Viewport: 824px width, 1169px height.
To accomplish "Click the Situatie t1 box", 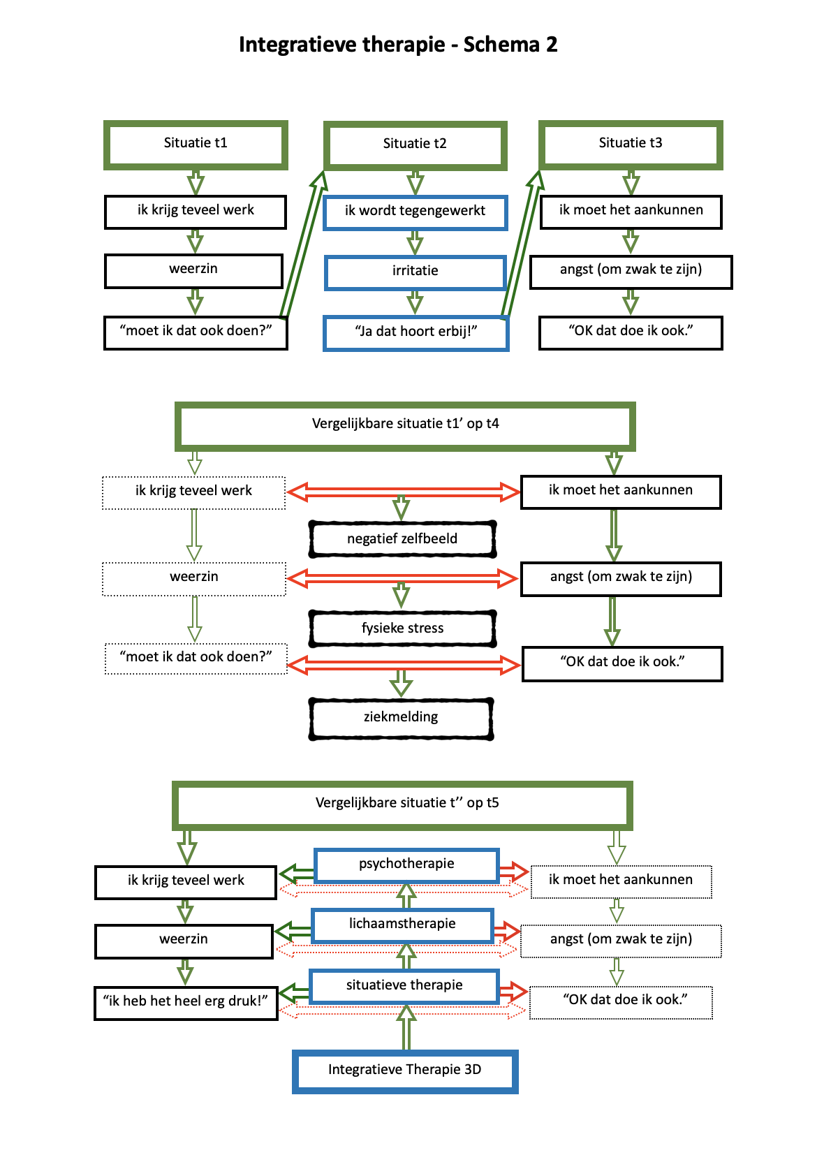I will [196, 145].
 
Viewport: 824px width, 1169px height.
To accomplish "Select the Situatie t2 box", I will [415, 145].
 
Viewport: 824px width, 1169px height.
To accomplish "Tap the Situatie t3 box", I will [630, 145].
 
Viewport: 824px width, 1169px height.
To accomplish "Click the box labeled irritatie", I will [415, 272].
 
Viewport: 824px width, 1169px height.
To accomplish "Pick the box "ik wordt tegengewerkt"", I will [415, 212].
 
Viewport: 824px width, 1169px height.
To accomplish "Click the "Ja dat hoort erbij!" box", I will [415, 332].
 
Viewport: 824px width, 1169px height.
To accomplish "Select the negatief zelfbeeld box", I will [402, 539].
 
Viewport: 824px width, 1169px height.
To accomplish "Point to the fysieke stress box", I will [402, 628].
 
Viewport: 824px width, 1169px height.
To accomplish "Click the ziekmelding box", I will [401, 718].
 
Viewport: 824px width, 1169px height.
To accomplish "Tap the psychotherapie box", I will [406, 865].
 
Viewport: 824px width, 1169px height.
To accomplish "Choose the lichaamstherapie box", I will [402, 925].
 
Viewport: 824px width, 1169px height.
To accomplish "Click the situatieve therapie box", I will [404, 985].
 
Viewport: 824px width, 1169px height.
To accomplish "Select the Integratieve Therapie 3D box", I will [404, 1071].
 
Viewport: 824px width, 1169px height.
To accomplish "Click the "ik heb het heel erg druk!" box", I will [186, 1002].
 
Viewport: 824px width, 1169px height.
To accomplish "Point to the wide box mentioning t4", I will [405, 425].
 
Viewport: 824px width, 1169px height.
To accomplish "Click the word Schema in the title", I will [501, 45].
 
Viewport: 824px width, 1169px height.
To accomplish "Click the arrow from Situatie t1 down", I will [196, 182].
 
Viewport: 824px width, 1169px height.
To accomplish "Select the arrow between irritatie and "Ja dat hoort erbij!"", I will [415, 302].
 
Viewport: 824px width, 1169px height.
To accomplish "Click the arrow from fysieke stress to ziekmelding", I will [401, 682].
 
